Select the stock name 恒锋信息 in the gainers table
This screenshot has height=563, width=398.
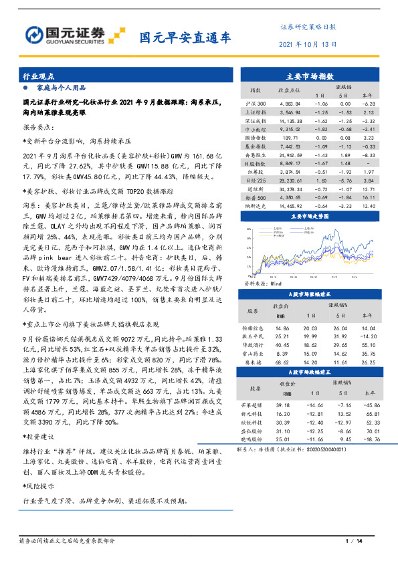click(258, 329)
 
